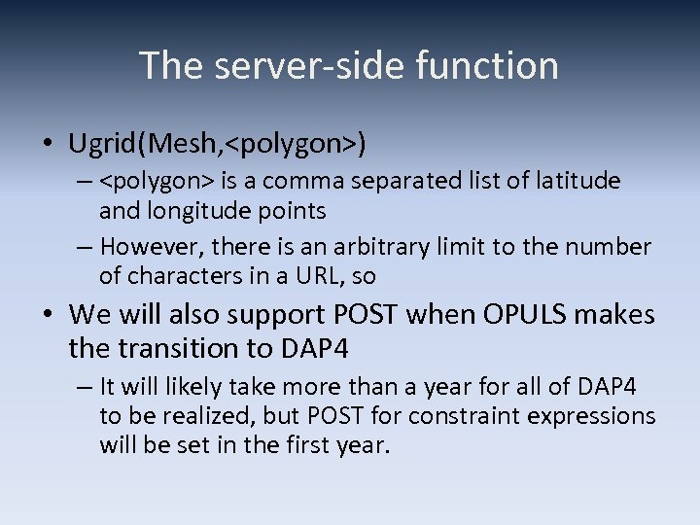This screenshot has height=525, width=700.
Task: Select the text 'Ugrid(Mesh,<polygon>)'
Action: [217, 145]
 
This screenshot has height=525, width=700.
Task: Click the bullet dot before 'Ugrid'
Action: [47, 146]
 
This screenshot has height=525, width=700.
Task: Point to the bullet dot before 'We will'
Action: [47, 316]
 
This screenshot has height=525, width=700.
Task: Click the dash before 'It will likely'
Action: [87, 388]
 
